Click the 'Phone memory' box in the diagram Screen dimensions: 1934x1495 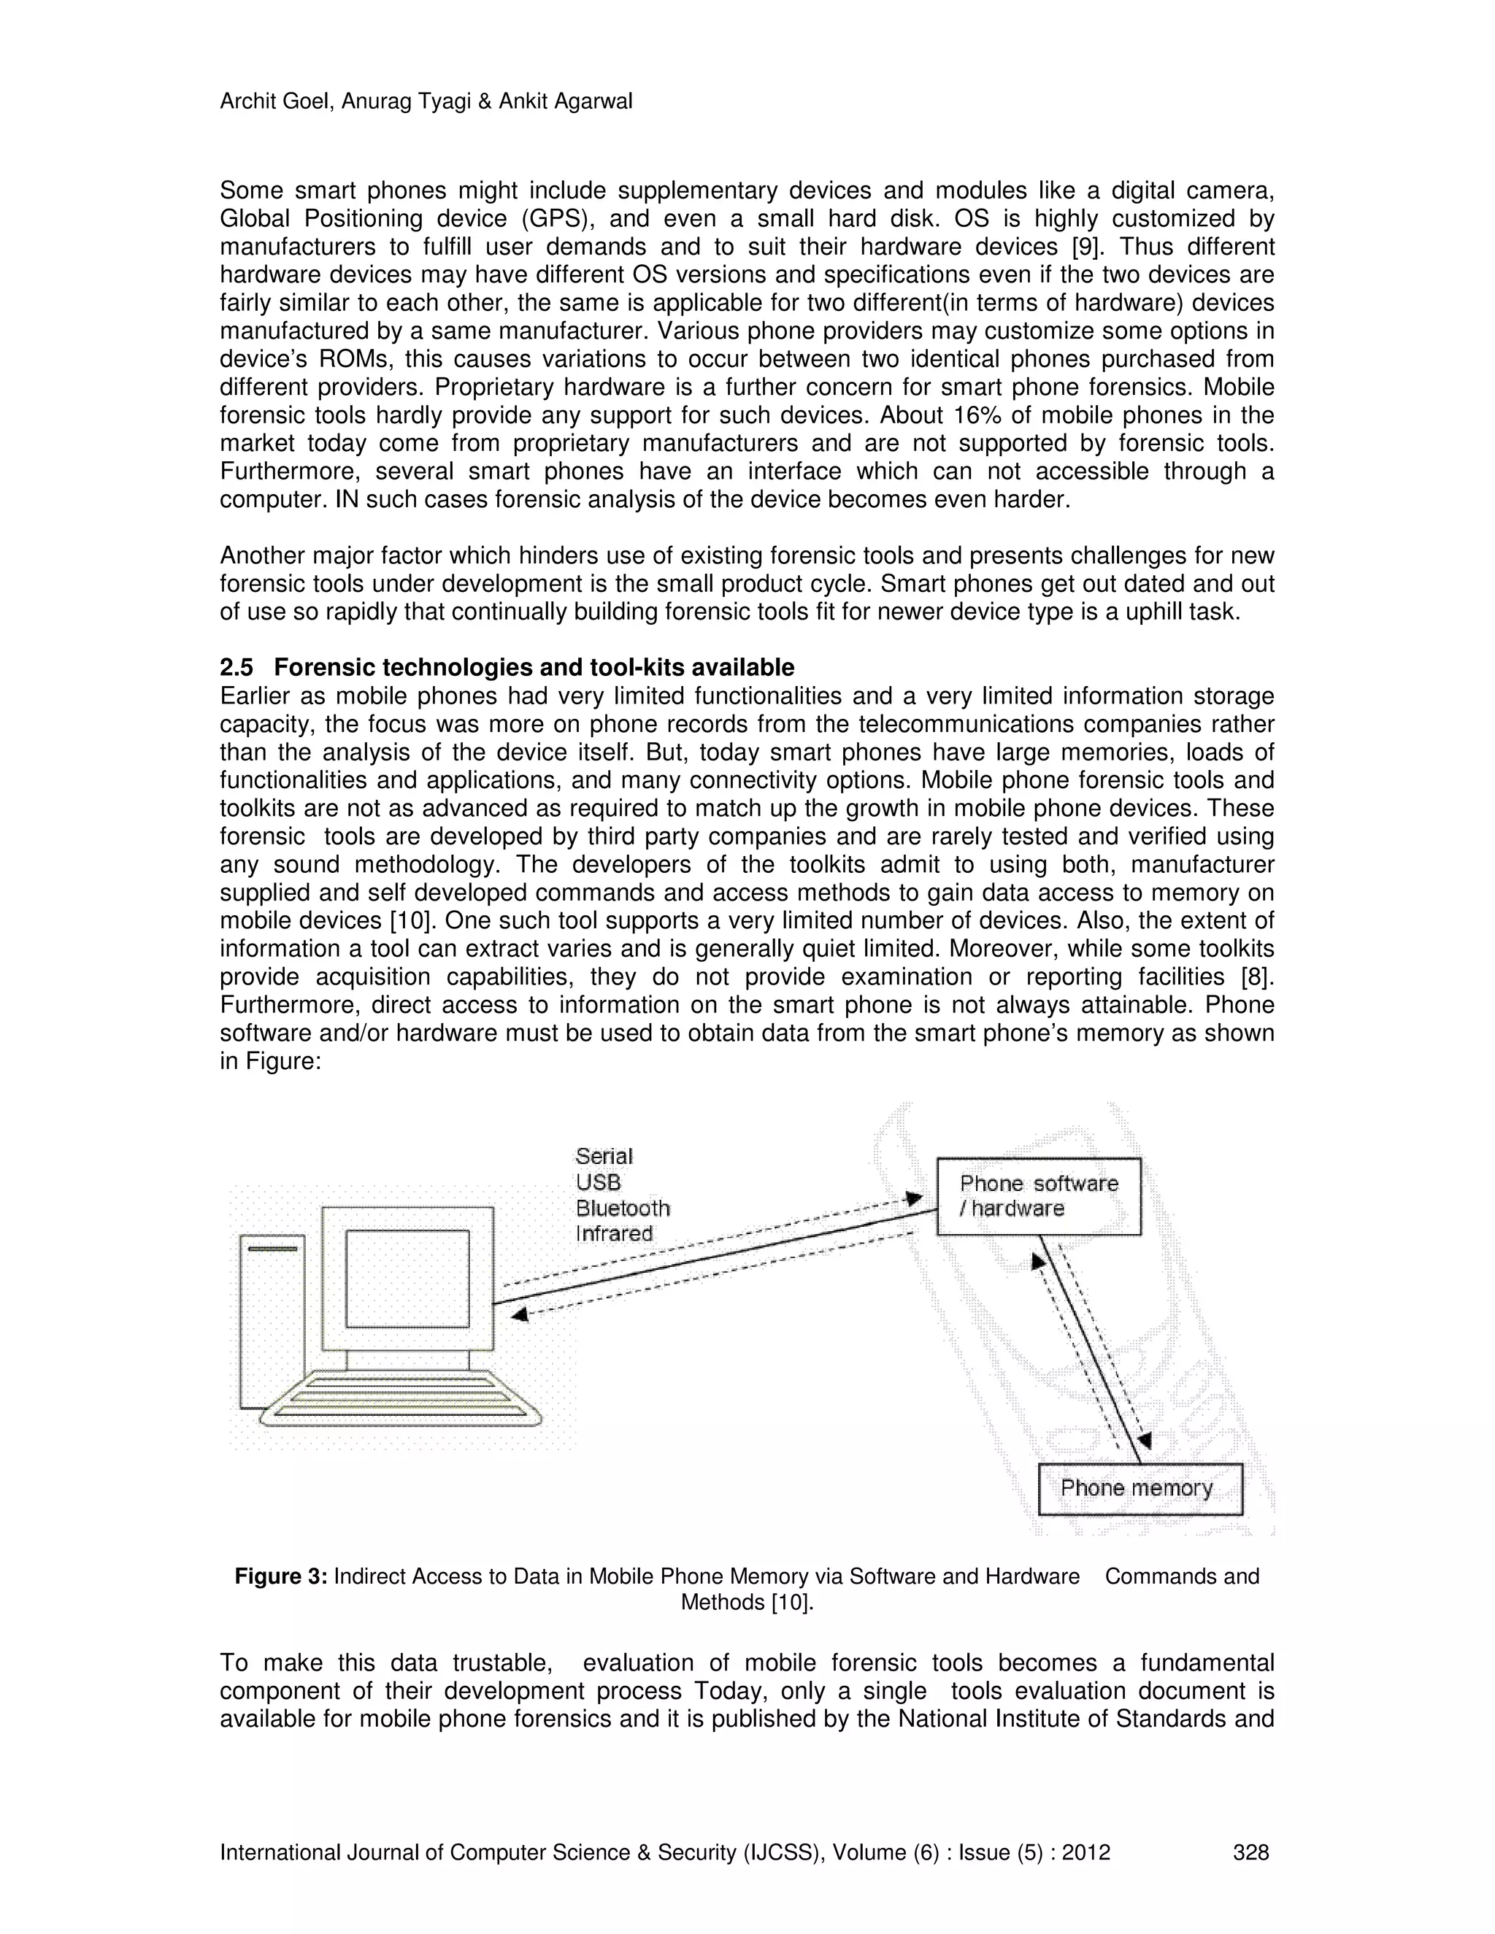click(1139, 1489)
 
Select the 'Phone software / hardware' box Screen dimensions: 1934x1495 click(1038, 1195)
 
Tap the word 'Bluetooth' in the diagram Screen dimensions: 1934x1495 click(623, 1208)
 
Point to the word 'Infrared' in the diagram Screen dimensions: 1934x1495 click(614, 1233)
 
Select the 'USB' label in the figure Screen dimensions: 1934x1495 click(598, 1182)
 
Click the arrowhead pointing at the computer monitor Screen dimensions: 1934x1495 click(520, 1315)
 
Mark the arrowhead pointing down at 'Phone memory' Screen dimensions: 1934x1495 click(1145, 1441)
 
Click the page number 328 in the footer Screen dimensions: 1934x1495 click(1250, 1852)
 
